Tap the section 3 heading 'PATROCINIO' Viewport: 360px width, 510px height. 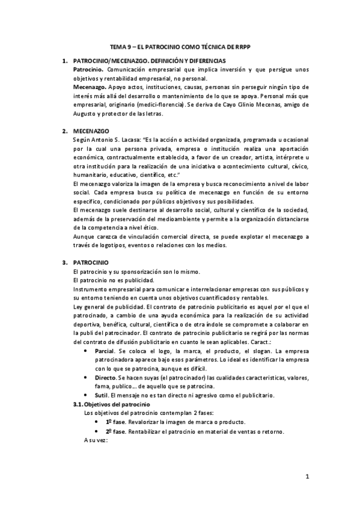90,263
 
